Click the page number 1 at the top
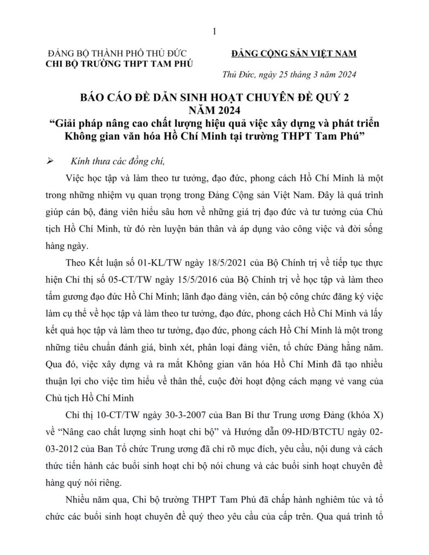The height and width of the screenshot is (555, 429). coord(215,32)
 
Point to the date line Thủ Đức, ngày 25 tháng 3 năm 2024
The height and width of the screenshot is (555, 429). coord(290,75)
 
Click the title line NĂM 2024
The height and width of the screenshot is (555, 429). coord(214,109)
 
